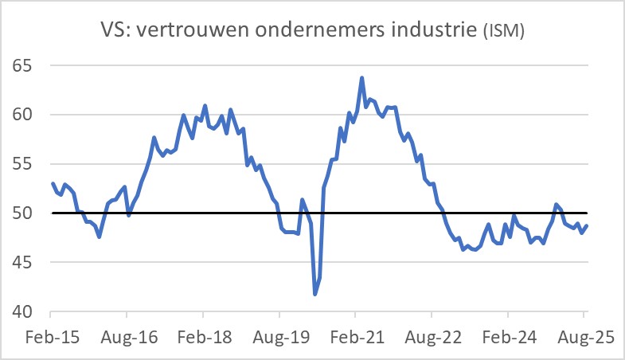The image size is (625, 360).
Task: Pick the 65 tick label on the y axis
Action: click(x=28, y=65)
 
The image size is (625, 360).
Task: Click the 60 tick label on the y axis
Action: click(x=28, y=115)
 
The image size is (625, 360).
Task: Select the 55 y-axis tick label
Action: click(x=28, y=164)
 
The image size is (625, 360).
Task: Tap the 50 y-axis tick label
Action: click(x=28, y=213)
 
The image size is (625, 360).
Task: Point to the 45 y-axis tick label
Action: click(x=28, y=263)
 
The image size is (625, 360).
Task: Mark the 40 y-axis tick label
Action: click(x=28, y=311)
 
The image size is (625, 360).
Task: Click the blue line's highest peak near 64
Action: click(x=362, y=78)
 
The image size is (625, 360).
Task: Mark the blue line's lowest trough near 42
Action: click(x=315, y=294)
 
